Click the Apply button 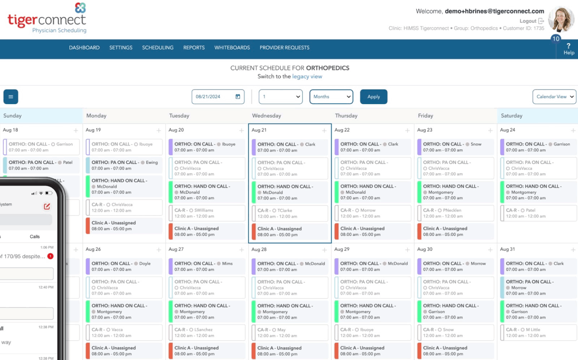(373, 97)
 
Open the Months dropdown (331, 97)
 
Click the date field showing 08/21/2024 (218, 97)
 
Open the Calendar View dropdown (554, 97)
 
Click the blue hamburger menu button (11, 97)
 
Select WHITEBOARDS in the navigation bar (232, 47)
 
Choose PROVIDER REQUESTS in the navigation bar (284, 47)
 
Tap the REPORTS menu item (194, 47)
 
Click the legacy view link (307, 76)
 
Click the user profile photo (561, 19)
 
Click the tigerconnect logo (47, 19)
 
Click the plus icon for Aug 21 (324, 130)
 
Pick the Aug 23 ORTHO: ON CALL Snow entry (455, 147)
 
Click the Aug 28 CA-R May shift (289, 332)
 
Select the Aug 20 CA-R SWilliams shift (206, 213)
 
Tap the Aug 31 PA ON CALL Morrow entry (538, 287)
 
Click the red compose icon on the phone (47, 206)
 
